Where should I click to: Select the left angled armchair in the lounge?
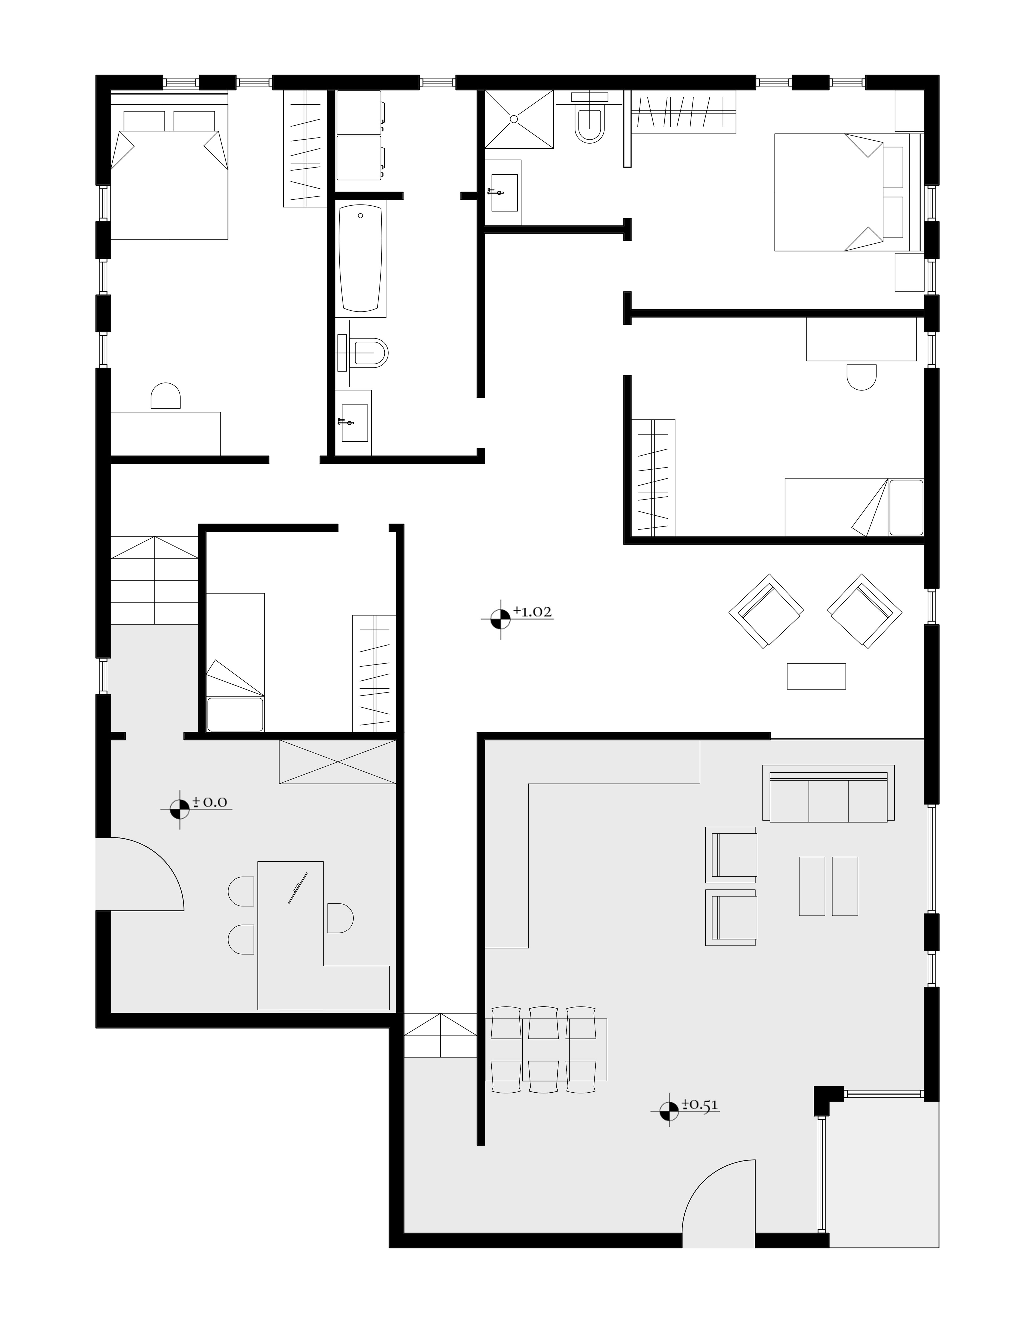click(x=767, y=611)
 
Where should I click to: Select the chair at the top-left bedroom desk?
click(x=165, y=396)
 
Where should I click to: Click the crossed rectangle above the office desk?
click(x=337, y=762)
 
